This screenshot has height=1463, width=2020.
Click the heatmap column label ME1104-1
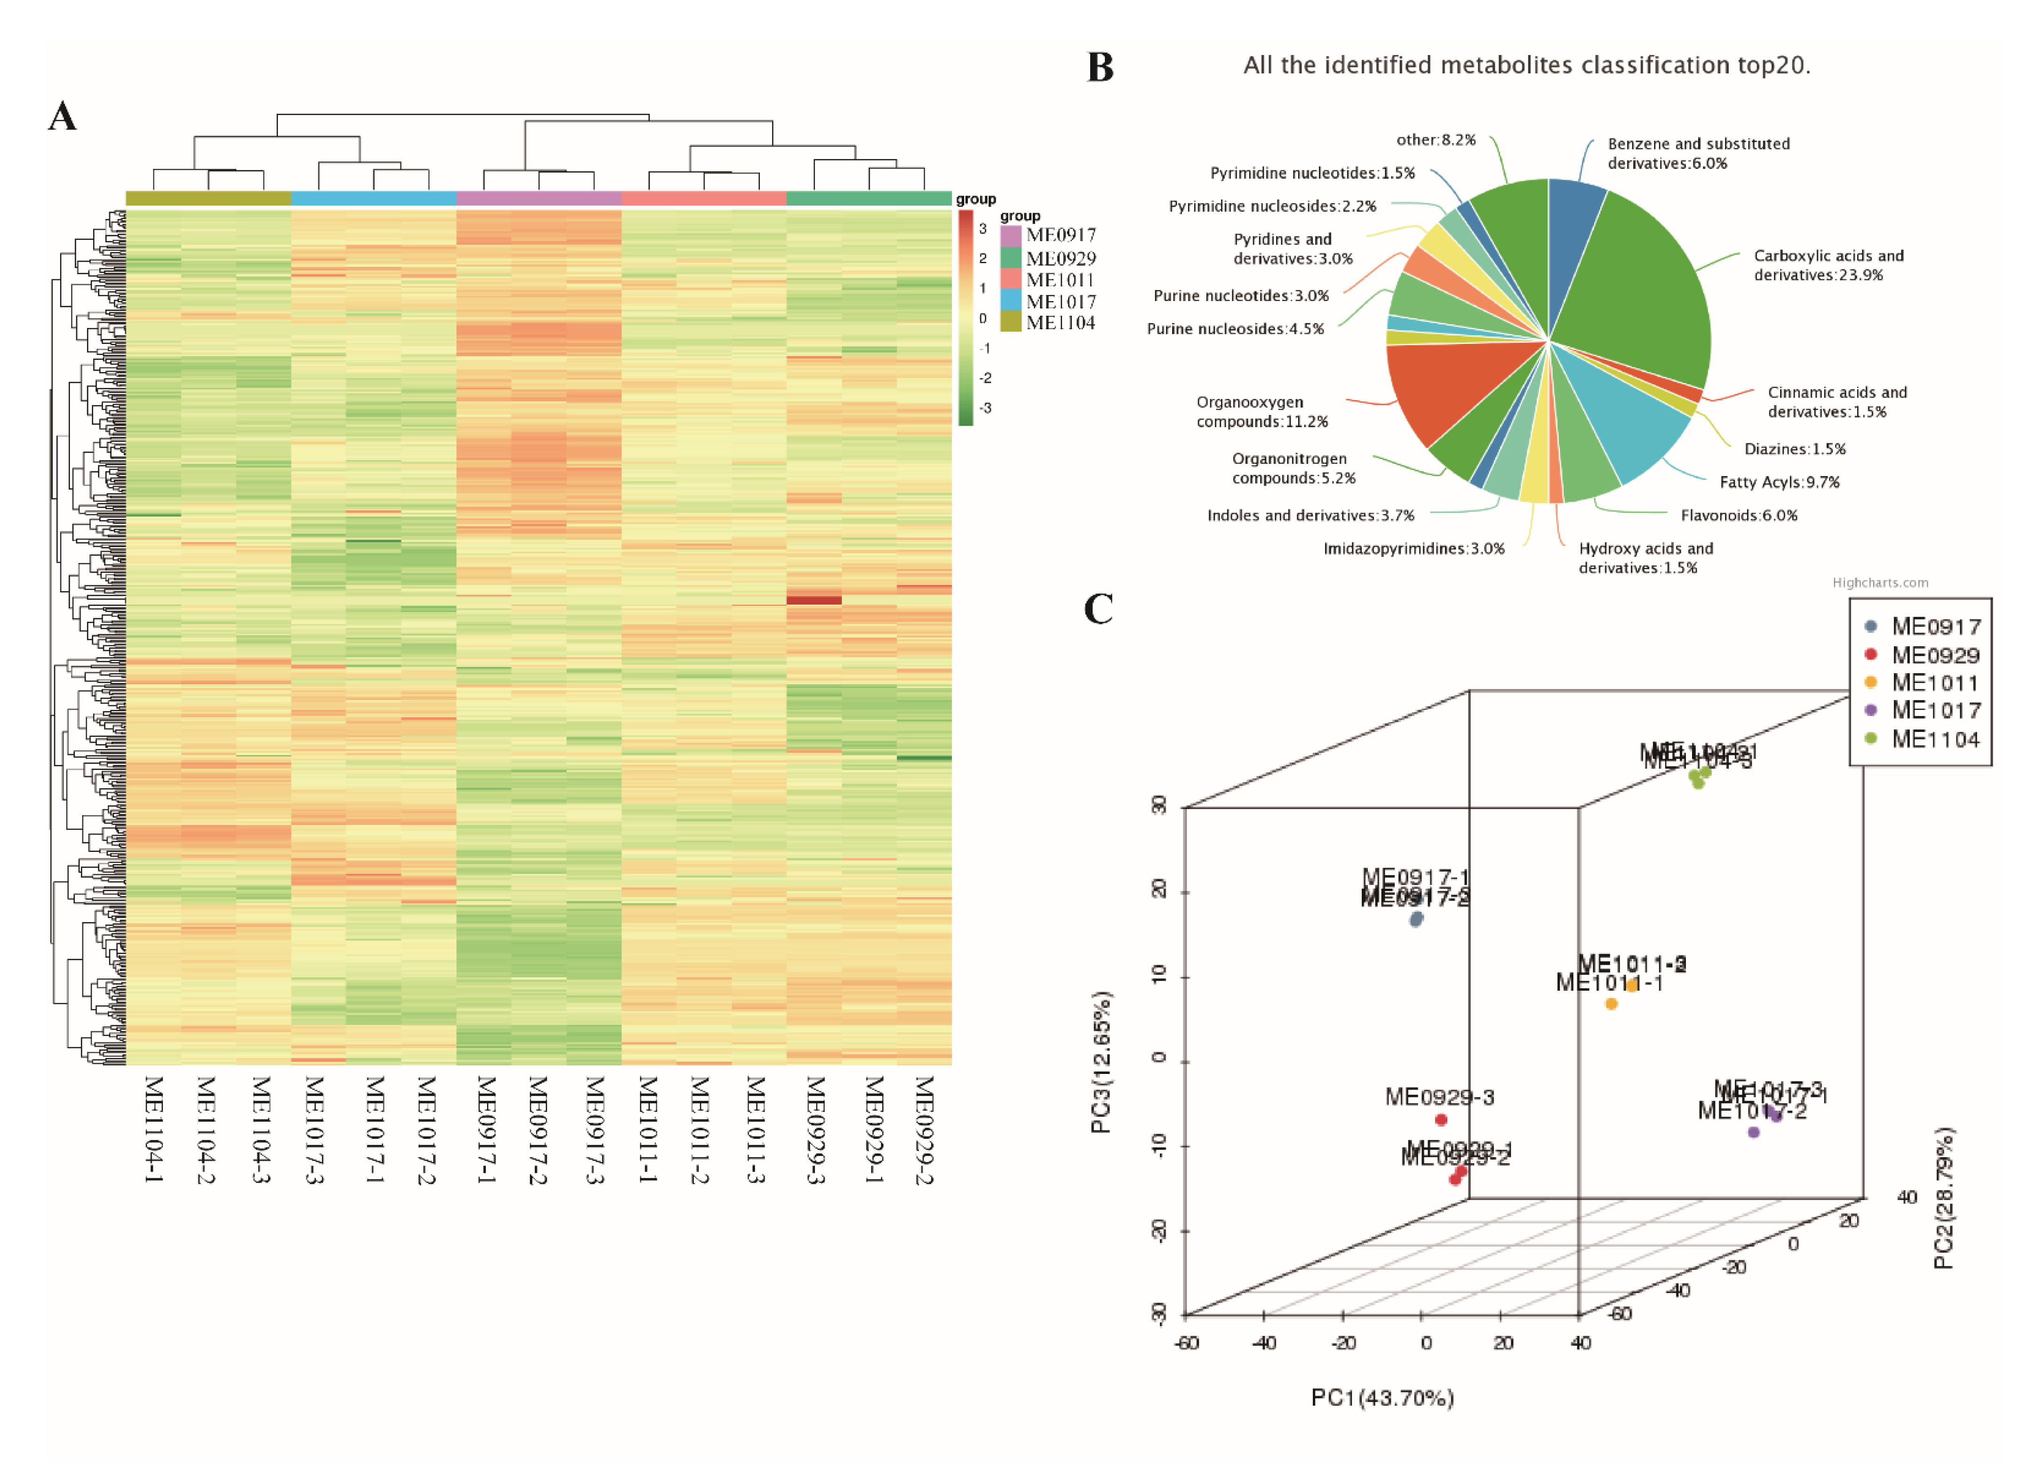(x=153, y=1129)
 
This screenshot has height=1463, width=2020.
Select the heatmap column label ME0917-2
(x=538, y=1129)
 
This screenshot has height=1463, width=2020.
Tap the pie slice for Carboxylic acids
(x=1639, y=285)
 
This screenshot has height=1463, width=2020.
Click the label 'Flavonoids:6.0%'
(x=1739, y=516)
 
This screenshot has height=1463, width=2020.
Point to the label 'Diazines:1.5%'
(x=1795, y=449)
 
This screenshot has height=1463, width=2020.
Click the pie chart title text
(x=1526, y=65)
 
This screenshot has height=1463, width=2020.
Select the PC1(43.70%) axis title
(x=1382, y=1398)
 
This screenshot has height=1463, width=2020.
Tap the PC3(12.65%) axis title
(x=1101, y=1061)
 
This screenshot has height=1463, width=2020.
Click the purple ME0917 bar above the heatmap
(x=538, y=198)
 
